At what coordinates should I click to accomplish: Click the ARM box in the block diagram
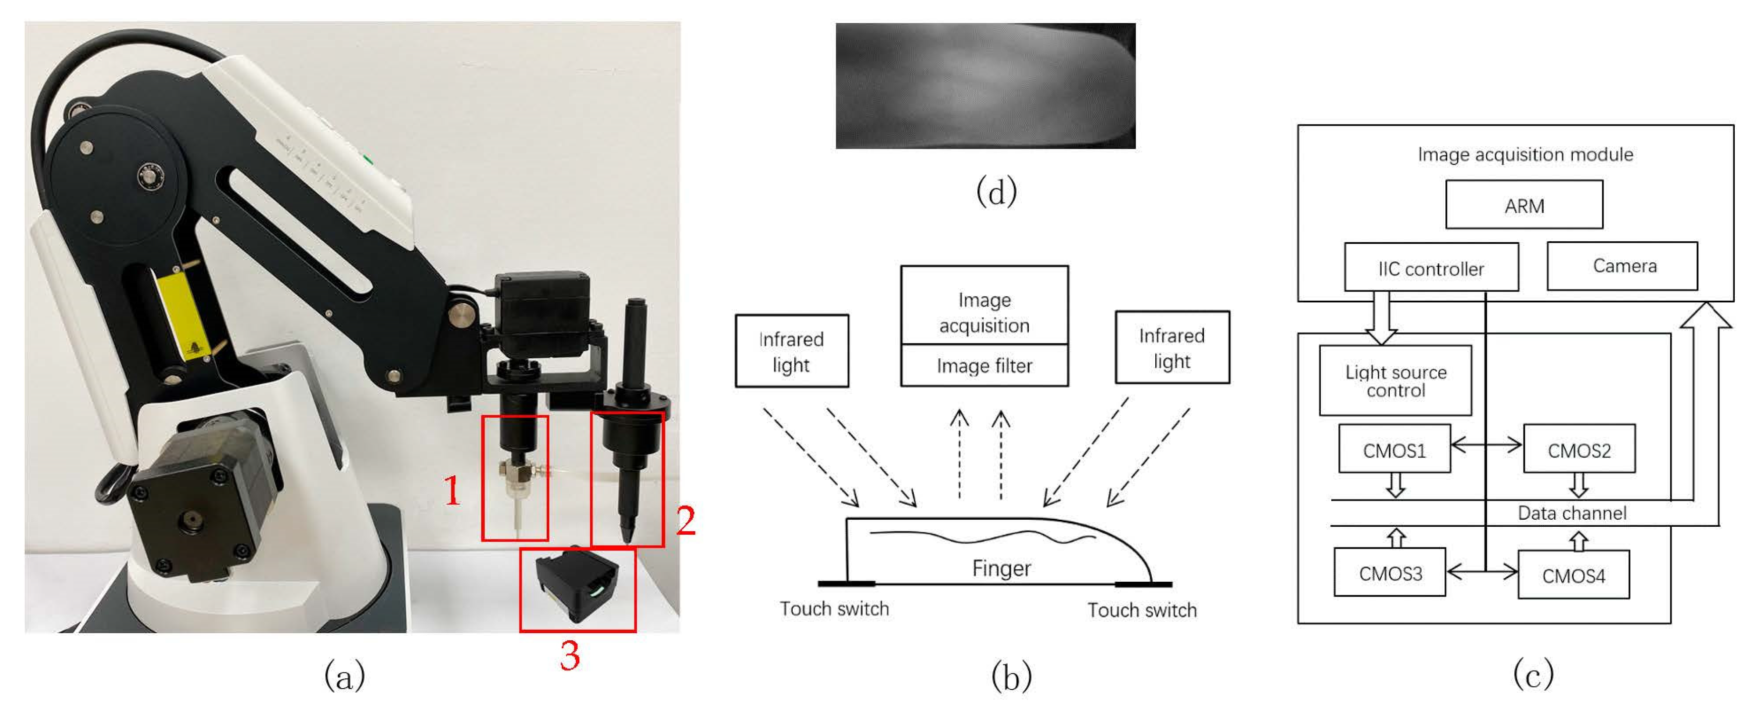[1523, 205]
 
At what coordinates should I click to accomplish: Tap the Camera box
[1621, 266]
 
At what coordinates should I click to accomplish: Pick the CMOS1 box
[1393, 449]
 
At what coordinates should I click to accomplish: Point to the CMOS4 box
[1573, 575]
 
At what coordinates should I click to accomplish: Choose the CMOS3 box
[1389, 573]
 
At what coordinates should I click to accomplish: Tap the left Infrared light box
[791, 351]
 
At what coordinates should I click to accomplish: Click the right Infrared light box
[1171, 348]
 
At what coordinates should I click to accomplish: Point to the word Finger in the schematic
[1001, 568]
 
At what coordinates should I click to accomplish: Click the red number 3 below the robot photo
[569, 656]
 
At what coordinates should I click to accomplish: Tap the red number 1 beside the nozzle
[452, 491]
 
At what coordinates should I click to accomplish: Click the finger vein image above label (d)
[985, 86]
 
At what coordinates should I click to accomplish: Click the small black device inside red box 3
[577, 583]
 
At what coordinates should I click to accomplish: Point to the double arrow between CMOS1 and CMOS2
[1486, 445]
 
